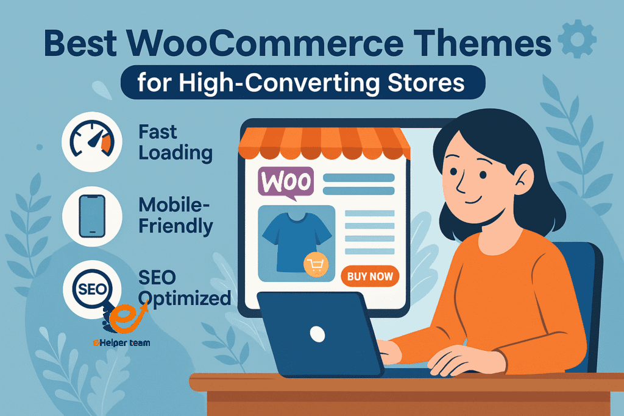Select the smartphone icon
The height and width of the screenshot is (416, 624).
coord(92,216)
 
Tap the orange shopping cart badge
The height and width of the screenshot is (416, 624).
coord(316,264)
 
